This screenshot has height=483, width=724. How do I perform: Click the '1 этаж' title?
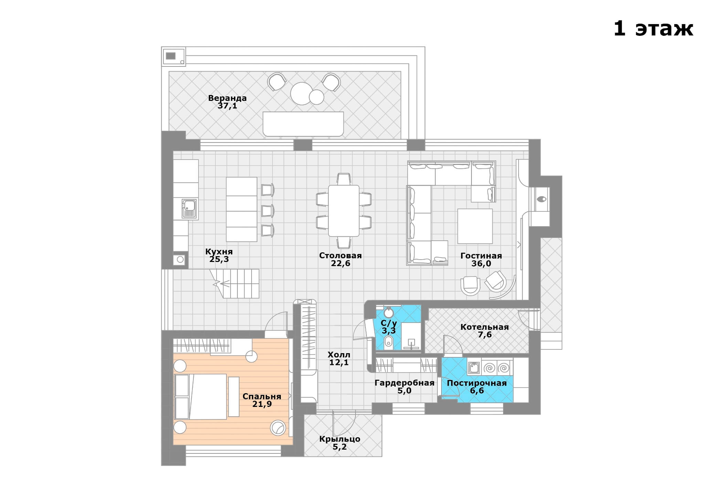click(653, 29)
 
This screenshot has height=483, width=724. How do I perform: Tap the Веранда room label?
click(227, 98)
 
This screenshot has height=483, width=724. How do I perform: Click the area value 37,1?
click(227, 106)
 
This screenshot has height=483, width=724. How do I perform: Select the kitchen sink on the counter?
click(189, 209)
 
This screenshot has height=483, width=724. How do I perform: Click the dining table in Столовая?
click(343, 211)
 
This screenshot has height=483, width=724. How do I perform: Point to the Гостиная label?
click(481, 256)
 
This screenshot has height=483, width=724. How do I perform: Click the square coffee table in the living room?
click(475, 226)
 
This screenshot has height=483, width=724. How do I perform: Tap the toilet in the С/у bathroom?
click(388, 343)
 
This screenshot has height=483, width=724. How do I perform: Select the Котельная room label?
click(485, 327)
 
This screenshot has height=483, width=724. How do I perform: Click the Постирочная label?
click(477, 383)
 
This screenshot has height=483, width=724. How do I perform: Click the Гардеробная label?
click(404, 383)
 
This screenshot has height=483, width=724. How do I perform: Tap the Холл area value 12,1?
click(339, 362)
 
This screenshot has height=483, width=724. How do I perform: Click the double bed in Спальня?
click(201, 396)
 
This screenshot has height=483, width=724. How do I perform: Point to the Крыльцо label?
click(340, 439)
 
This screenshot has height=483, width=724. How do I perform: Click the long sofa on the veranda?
click(303, 124)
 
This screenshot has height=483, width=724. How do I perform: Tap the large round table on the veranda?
click(301, 93)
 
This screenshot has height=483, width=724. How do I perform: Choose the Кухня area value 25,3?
click(219, 259)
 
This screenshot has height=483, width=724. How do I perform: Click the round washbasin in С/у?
click(388, 313)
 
